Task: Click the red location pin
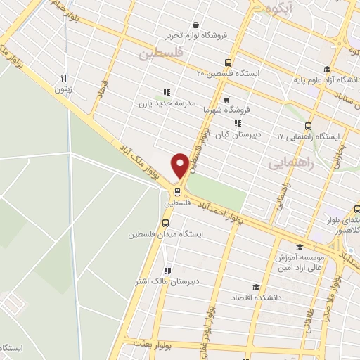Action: (180, 165)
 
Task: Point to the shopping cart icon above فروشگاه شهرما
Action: (226, 99)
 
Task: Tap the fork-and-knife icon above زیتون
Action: (64, 78)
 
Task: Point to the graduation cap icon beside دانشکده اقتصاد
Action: (255, 287)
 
